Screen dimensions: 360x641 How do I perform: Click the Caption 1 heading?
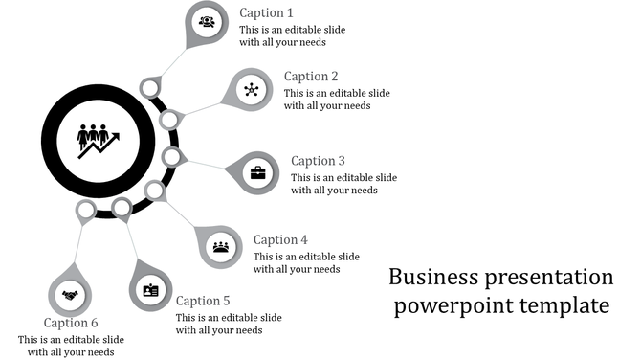(x=266, y=13)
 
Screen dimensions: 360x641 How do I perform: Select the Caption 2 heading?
(x=311, y=77)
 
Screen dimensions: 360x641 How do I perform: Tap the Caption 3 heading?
(x=318, y=161)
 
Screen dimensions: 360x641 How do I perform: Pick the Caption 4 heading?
(x=280, y=240)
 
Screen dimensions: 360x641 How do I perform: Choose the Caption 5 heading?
(x=203, y=301)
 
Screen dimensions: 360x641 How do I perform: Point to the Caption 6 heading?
(x=71, y=323)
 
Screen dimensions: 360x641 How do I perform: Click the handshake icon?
(x=70, y=295)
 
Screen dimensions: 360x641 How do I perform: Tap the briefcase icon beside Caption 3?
(x=258, y=173)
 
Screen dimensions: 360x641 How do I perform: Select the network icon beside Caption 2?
(x=251, y=90)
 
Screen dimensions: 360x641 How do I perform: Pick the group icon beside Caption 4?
(x=221, y=247)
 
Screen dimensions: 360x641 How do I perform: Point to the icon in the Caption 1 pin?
(x=207, y=22)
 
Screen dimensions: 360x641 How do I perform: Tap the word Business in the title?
(x=431, y=278)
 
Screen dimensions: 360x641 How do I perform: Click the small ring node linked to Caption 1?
(x=149, y=89)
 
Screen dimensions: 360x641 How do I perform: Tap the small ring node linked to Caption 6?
(x=86, y=209)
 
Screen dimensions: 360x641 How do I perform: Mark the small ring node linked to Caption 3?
(x=171, y=156)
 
